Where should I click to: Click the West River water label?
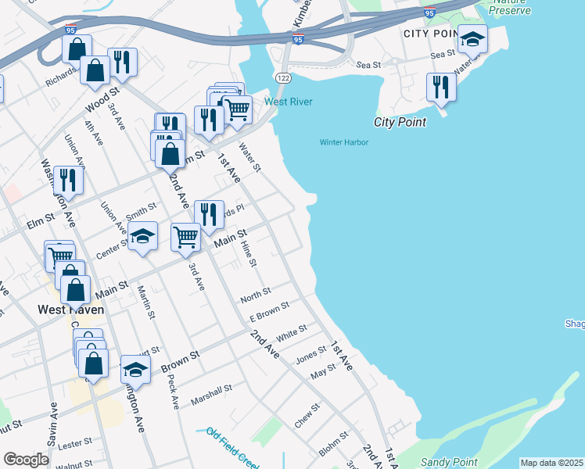289,102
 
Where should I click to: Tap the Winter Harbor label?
343,142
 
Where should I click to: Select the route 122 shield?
282,77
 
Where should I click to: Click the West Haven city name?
71,309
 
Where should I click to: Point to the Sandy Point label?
448,463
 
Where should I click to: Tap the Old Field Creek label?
231,441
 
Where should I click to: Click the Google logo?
26,460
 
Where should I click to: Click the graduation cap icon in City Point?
472,39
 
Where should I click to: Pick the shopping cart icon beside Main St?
185,236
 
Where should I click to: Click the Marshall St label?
212,394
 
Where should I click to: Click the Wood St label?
99,101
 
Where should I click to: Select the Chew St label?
307,415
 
